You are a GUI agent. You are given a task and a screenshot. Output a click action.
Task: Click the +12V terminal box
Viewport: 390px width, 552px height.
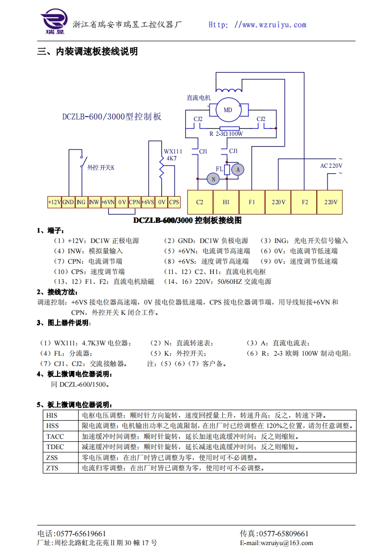55,202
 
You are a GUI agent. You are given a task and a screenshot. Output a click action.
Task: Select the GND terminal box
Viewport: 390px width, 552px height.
68,202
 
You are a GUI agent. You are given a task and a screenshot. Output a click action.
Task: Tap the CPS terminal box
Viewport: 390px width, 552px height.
174,202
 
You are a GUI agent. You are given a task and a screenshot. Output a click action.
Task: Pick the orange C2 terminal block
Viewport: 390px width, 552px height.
200,202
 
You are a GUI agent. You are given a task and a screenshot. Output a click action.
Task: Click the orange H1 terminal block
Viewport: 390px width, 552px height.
226,202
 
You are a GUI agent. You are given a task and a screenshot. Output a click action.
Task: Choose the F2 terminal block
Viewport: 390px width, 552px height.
305,202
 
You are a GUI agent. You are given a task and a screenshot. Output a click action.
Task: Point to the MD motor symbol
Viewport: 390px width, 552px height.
228,110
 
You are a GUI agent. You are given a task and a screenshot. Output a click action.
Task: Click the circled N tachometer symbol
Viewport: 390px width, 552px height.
213,179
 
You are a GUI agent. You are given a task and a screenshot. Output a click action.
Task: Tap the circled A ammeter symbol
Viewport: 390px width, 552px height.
238,169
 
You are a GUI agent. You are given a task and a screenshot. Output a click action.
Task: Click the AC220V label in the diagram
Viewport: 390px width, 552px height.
330,166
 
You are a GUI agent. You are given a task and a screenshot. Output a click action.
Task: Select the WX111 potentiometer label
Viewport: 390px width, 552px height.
173,152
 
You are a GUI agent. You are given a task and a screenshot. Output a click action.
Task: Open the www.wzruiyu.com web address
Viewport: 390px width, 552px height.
270,25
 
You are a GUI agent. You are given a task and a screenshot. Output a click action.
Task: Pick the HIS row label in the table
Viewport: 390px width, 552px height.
52,415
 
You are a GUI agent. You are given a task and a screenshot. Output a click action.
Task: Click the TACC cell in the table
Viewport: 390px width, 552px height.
55,436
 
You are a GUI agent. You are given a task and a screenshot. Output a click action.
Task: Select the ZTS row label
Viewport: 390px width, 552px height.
52,468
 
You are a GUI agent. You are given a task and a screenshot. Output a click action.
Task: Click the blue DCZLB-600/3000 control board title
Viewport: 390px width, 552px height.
112,117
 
